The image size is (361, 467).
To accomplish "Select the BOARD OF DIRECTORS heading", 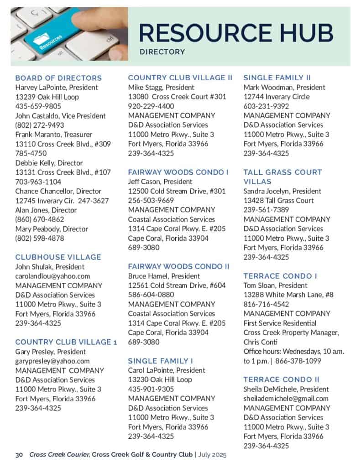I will click(x=58, y=78).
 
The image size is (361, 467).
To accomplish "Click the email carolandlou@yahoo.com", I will click(x=52, y=276).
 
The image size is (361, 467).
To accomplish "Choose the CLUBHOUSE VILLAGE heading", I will click(x=58, y=257).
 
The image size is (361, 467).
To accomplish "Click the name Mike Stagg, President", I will click(x=161, y=87).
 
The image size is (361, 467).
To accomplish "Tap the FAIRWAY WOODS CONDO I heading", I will click(x=178, y=172).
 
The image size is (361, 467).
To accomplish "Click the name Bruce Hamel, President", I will click(x=164, y=276).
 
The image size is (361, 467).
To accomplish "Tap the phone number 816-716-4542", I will click(x=266, y=304).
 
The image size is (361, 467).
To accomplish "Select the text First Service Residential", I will click(x=279, y=323).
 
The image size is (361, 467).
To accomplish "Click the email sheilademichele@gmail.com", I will click(x=286, y=399).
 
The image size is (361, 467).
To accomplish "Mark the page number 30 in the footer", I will click(x=19, y=455).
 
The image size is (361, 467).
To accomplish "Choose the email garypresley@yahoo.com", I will click(x=52, y=361).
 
